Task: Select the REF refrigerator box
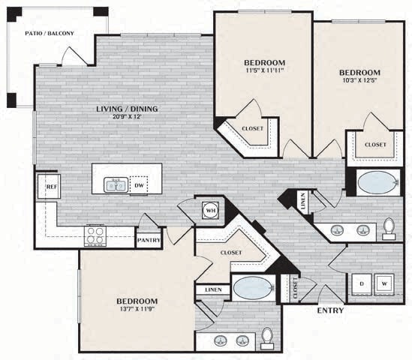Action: [51, 186]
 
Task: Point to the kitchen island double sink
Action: [115, 184]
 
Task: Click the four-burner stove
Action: [95, 236]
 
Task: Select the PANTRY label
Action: [149, 241]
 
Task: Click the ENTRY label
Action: [330, 310]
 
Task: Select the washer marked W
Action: [384, 283]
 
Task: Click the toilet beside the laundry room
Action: [388, 228]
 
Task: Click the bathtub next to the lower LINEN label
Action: [251, 288]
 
